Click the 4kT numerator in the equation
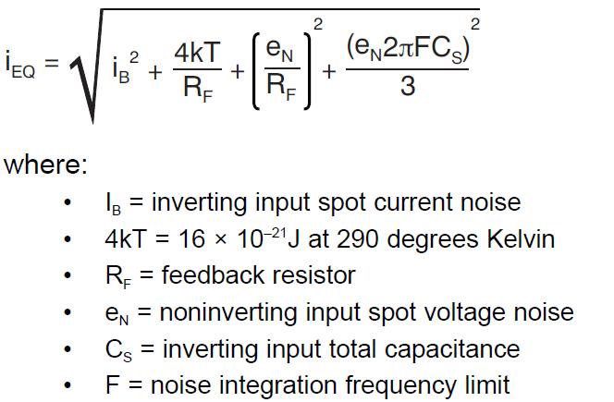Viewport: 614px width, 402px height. (196, 52)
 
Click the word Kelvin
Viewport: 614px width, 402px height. (512, 239)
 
